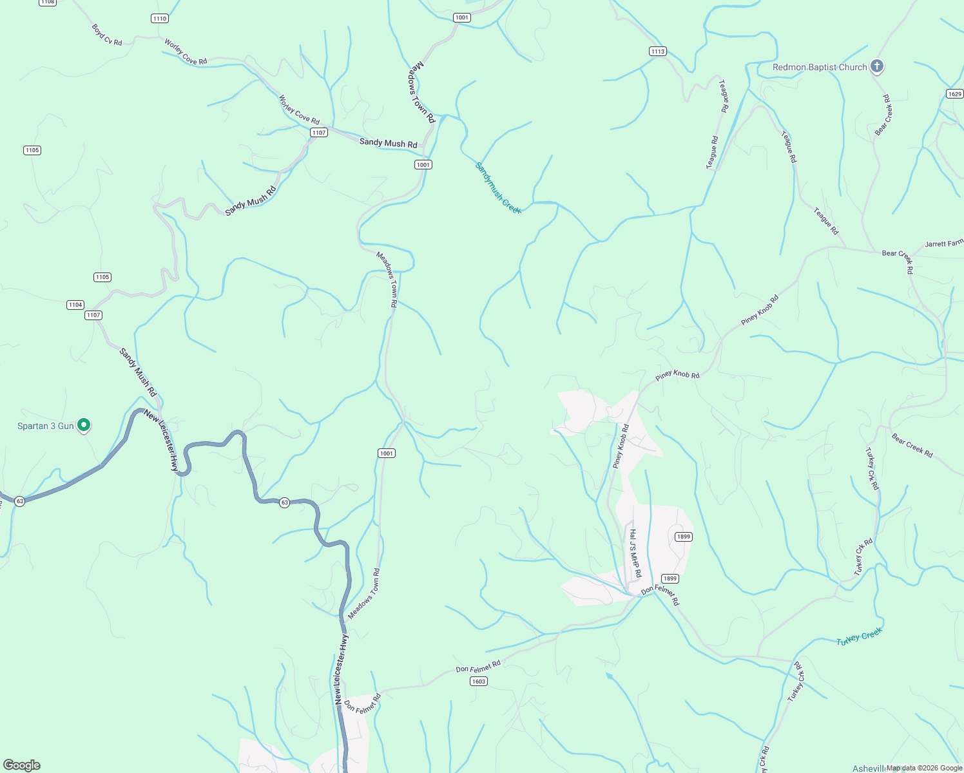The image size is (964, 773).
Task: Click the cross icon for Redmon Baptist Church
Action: click(876, 66)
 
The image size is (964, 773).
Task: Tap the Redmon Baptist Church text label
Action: click(820, 67)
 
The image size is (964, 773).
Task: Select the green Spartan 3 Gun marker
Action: click(83, 425)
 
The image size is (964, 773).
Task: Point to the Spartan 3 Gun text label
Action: click(45, 426)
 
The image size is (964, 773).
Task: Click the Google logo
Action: click(22, 765)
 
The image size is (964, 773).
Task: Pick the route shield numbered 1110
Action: click(160, 19)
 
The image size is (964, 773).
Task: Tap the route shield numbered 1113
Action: click(657, 52)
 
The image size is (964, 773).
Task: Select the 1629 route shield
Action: click(955, 94)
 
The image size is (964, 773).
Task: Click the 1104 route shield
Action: click(75, 305)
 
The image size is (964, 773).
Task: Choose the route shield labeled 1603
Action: click(478, 682)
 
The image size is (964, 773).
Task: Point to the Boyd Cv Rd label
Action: click(107, 35)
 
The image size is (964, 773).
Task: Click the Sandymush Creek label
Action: click(497, 187)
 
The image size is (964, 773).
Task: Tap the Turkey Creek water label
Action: click(859, 637)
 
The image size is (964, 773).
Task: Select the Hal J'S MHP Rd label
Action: click(635, 553)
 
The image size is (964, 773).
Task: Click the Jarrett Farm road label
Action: click(944, 243)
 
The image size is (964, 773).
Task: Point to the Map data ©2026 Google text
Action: click(924, 768)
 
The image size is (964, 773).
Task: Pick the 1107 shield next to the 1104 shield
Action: click(93, 315)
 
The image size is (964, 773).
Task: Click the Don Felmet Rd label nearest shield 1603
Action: click(478, 666)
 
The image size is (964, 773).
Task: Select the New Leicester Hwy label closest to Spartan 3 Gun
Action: click(161, 440)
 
